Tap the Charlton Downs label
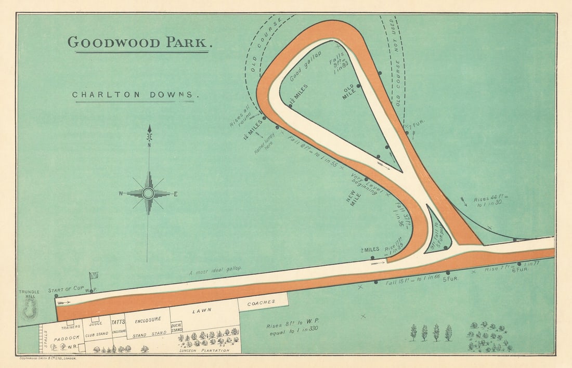[x=136, y=95]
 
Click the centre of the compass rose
[x=148, y=193]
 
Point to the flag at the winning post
[x=94, y=275]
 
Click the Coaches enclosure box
[x=261, y=303]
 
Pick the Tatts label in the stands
[x=118, y=322]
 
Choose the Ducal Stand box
[x=177, y=327]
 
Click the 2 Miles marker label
[x=370, y=250]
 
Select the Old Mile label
[x=348, y=92]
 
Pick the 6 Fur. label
[x=520, y=270]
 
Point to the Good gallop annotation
[x=306, y=67]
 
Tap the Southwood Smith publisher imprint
[x=48, y=358]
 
